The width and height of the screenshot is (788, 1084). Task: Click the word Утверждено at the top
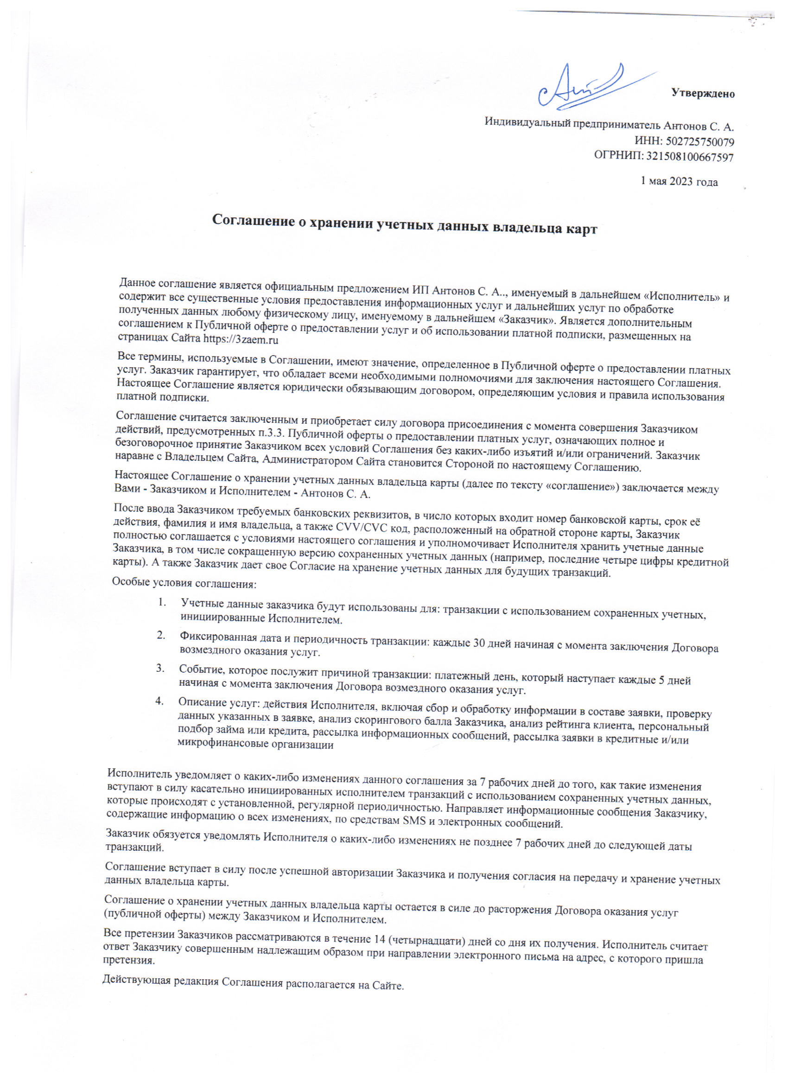[x=702, y=93]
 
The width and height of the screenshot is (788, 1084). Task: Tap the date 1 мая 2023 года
[x=679, y=182]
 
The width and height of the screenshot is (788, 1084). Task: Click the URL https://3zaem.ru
[x=241, y=340]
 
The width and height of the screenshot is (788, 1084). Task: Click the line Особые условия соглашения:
[x=184, y=583]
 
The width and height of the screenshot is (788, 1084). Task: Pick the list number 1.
[x=162, y=603]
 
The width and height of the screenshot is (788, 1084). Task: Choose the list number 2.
[x=161, y=635]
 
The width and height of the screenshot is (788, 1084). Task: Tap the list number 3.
[x=160, y=668]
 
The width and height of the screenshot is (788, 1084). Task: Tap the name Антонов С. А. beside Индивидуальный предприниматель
[x=698, y=127]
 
